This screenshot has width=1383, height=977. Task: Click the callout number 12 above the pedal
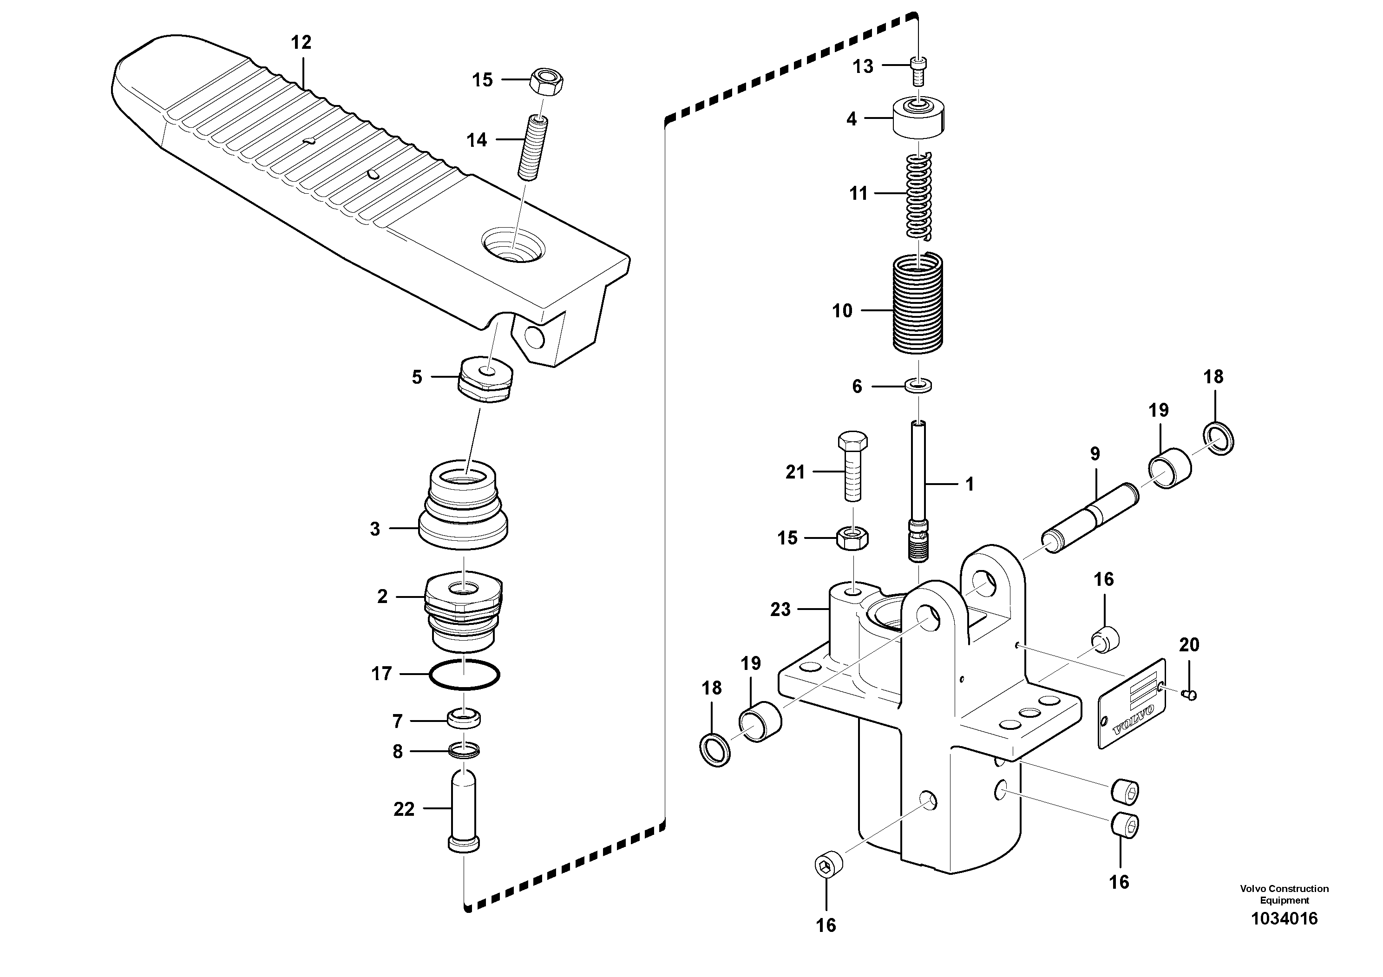coord(301,43)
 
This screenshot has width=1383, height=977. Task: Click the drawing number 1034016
coord(1284,918)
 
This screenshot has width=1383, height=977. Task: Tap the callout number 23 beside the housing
coord(780,610)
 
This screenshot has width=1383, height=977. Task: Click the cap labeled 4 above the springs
coord(918,118)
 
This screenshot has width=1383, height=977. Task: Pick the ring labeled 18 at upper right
coord(1219,439)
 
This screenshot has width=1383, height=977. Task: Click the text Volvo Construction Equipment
coord(1284,894)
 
